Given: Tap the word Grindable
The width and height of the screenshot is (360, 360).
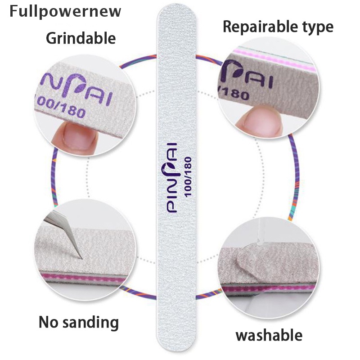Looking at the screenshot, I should (x=81, y=38).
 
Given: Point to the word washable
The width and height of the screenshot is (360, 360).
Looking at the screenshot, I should (x=269, y=335).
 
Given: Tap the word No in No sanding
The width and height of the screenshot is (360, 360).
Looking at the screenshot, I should (x=49, y=322).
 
